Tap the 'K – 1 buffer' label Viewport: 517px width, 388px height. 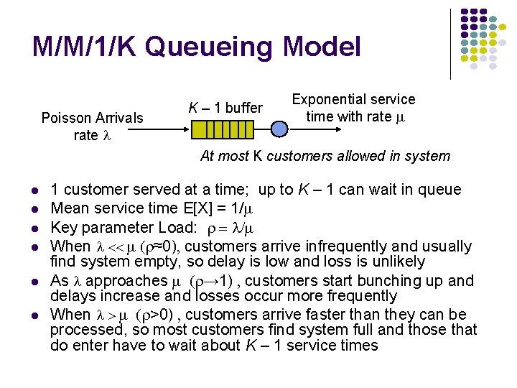(225, 108)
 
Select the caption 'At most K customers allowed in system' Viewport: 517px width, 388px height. (325, 156)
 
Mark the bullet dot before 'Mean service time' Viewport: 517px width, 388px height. (35, 210)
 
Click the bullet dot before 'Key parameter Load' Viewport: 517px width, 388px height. (35, 228)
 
